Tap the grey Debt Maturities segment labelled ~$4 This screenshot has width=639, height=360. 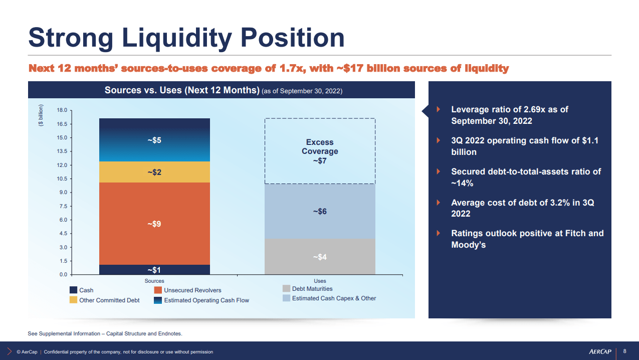pyautogui.click(x=320, y=257)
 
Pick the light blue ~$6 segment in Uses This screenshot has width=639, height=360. pyautogui.click(x=320, y=212)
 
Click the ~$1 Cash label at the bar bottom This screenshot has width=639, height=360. pyautogui.click(x=154, y=270)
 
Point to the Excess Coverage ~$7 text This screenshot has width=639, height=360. pyautogui.click(x=320, y=151)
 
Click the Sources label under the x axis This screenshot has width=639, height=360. pyautogui.click(x=154, y=281)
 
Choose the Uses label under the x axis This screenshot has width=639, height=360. pyautogui.click(x=320, y=281)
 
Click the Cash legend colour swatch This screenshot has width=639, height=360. pyautogui.click(x=73, y=290)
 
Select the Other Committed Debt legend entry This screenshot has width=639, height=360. pyautogui.click(x=109, y=300)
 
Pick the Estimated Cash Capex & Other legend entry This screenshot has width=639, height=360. pyautogui.click(x=334, y=298)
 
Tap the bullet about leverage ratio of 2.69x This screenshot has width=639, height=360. pyautogui.click(x=509, y=115)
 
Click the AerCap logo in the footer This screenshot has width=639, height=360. pyautogui.click(x=601, y=351)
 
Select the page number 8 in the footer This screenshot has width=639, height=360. pyautogui.click(x=624, y=351)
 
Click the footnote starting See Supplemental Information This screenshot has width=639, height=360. pyautogui.click(x=105, y=333)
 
